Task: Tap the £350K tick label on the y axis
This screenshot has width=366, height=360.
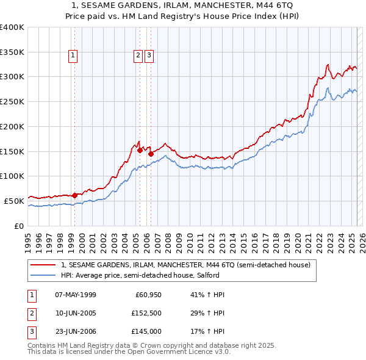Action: click(x=12, y=52)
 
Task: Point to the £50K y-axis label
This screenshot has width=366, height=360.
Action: click(x=14, y=201)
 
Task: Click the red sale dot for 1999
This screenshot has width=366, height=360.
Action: click(x=74, y=195)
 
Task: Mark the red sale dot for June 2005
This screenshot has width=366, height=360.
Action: click(x=140, y=149)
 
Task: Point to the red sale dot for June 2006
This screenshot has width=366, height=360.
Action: click(x=151, y=154)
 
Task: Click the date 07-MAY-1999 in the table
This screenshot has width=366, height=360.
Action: click(x=76, y=295)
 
